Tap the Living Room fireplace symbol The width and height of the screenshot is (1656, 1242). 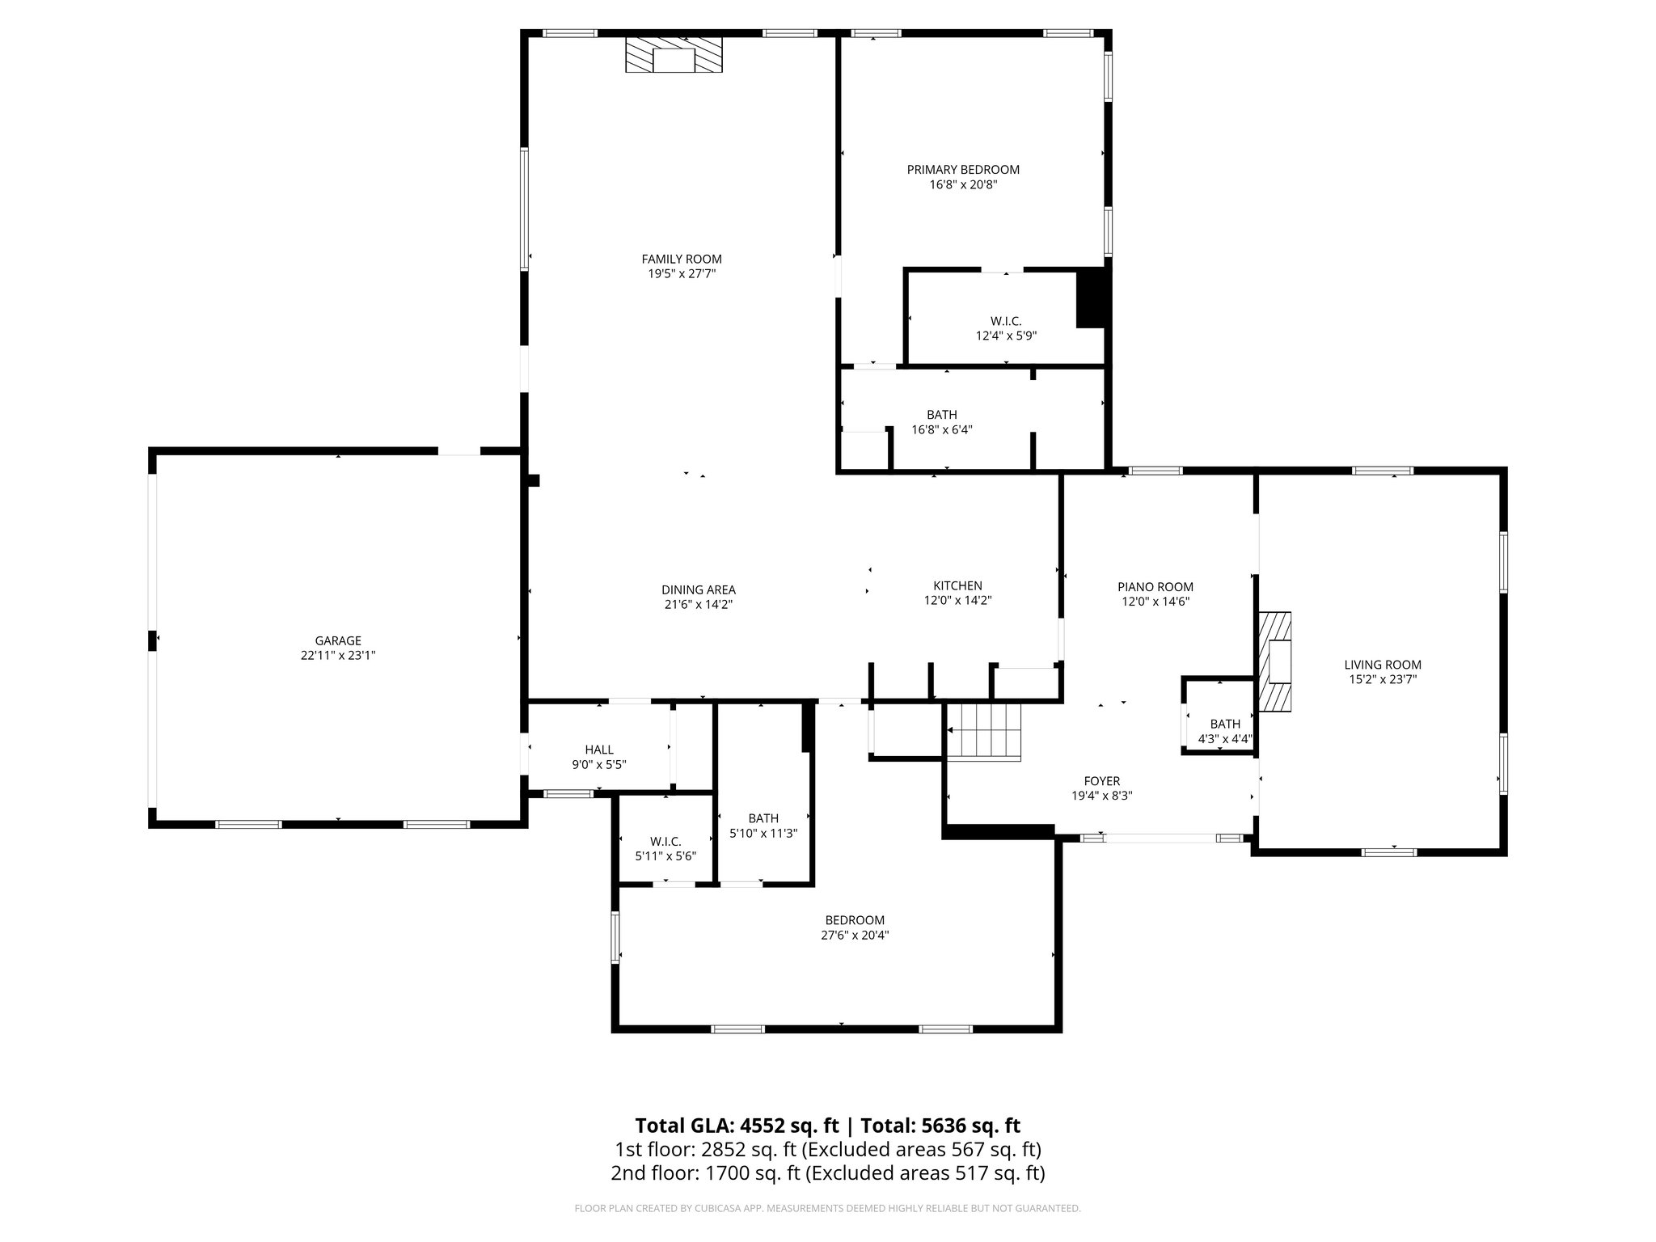[1274, 662]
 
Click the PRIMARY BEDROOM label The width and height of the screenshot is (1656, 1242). [962, 170]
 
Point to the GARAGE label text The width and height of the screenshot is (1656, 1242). [338, 641]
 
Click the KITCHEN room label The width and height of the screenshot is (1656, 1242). [957, 586]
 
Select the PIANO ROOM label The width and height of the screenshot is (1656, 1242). [1155, 587]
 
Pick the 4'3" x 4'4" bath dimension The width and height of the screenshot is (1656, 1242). [1224, 738]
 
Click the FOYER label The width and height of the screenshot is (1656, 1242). [1101, 781]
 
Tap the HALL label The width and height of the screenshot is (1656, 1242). [599, 750]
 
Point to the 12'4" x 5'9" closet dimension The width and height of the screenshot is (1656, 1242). [1006, 336]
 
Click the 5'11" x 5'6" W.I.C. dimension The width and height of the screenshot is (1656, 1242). [665, 855]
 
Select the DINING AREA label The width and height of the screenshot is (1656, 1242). [698, 590]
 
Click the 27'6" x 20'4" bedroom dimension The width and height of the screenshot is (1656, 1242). [855, 935]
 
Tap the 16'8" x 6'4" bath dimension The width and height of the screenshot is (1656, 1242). [941, 430]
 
